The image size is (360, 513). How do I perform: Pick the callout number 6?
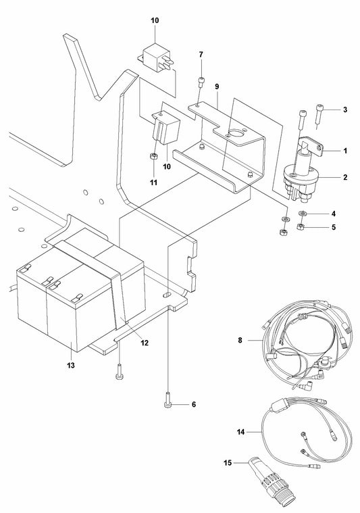193,404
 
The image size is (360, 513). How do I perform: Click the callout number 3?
345,109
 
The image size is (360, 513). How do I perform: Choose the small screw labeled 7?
201,82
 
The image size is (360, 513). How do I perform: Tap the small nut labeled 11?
154,157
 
